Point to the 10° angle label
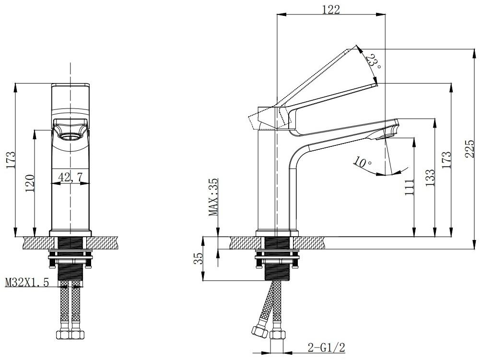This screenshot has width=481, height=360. tap(362, 162)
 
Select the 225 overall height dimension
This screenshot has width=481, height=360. tap(469, 149)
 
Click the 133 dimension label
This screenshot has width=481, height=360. tap(430, 178)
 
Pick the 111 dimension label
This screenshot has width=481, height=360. tap(409, 187)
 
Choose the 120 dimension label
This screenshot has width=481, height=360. tap(30, 183)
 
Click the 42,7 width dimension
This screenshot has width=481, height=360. tap(70, 177)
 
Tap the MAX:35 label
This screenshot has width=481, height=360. tap(213, 197)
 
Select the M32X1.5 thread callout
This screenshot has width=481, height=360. tap(27, 282)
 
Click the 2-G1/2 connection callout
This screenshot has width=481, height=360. tap(327, 348)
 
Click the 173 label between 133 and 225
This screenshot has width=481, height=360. tap(446, 159)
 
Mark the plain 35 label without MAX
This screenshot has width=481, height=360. tap(199, 258)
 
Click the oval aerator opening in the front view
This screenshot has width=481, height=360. tap(70, 136)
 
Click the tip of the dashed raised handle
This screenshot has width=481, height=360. tap(357, 46)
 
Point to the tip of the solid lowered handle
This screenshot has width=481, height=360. tap(375, 85)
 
